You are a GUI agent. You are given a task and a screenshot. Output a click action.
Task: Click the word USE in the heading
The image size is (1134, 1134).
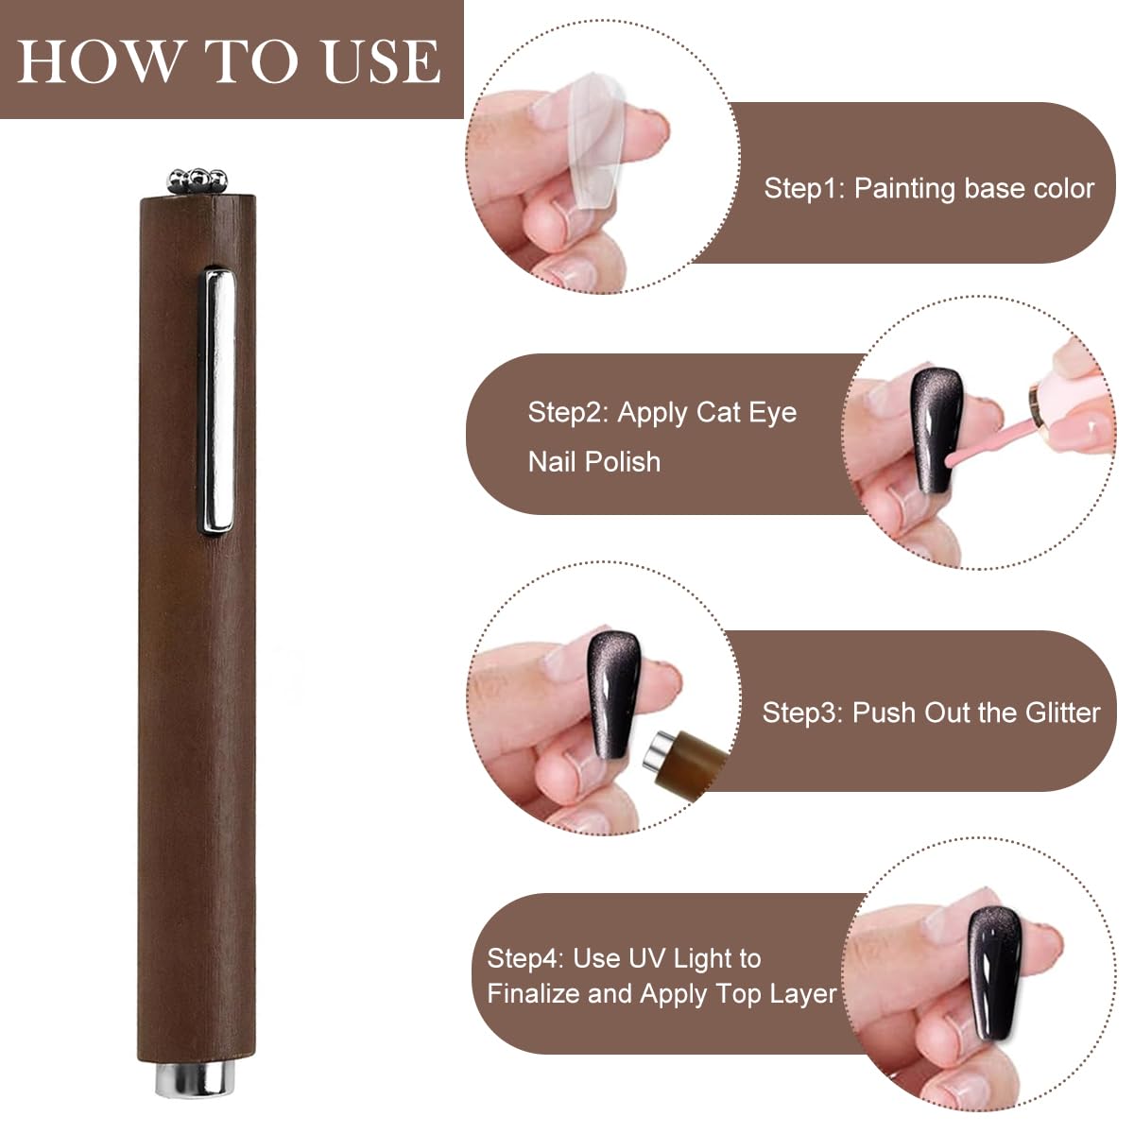click(x=381, y=61)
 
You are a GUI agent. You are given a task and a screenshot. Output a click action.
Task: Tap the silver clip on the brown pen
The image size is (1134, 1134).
click(x=218, y=402)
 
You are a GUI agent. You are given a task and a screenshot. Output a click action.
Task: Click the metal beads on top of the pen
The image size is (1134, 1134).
click(x=198, y=180)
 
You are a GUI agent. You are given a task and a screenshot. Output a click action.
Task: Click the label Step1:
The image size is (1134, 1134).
click(x=804, y=188)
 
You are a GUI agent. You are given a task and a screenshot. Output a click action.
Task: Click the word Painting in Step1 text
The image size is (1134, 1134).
click(x=904, y=188)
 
